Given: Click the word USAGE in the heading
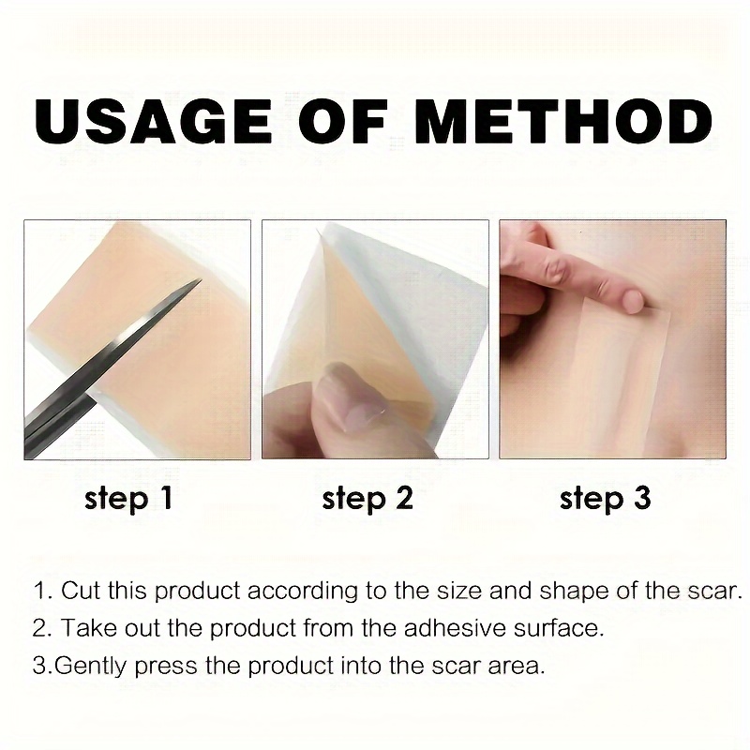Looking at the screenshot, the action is pos(154,121).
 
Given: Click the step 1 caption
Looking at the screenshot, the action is pos(128,499).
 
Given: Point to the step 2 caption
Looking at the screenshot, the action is pos(367,499).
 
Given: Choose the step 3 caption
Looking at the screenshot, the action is pos(605,499).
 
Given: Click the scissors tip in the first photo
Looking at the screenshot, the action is pos(200,280).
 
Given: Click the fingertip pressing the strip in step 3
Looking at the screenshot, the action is pos(632,301).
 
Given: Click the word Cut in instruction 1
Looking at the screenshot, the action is pos(81,591).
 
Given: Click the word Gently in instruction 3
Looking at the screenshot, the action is pos(92,667).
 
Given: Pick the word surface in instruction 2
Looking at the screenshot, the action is pos(559,627).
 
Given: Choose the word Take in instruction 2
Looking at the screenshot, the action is pos(90,627).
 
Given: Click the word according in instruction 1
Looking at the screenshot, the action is pos(302,592).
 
